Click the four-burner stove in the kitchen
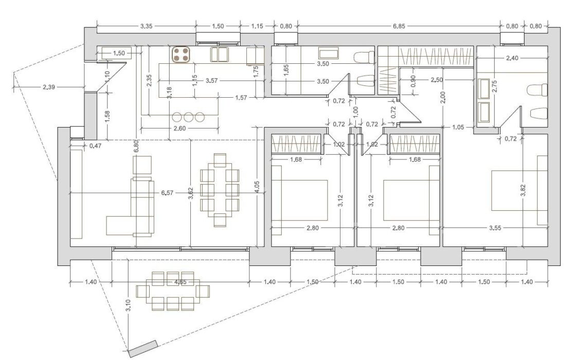click(181, 55)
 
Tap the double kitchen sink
click(219, 55)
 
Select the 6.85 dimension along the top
click(399, 26)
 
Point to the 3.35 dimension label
click(146, 26)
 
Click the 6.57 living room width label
click(167, 193)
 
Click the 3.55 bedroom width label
click(495, 228)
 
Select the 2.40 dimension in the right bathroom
click(512, 58)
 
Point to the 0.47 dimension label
click(96, 146)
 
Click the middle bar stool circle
click(188, 117)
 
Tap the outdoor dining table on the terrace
click(173, 291)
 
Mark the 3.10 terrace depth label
click(128, 305)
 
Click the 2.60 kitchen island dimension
click(179, 128)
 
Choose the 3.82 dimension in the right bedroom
click(523, 190)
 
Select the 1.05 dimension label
click(458, 128)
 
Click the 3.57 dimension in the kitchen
click(212, 80)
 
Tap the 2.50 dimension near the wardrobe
click(437, 80)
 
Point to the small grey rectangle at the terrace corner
click(143, 349)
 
